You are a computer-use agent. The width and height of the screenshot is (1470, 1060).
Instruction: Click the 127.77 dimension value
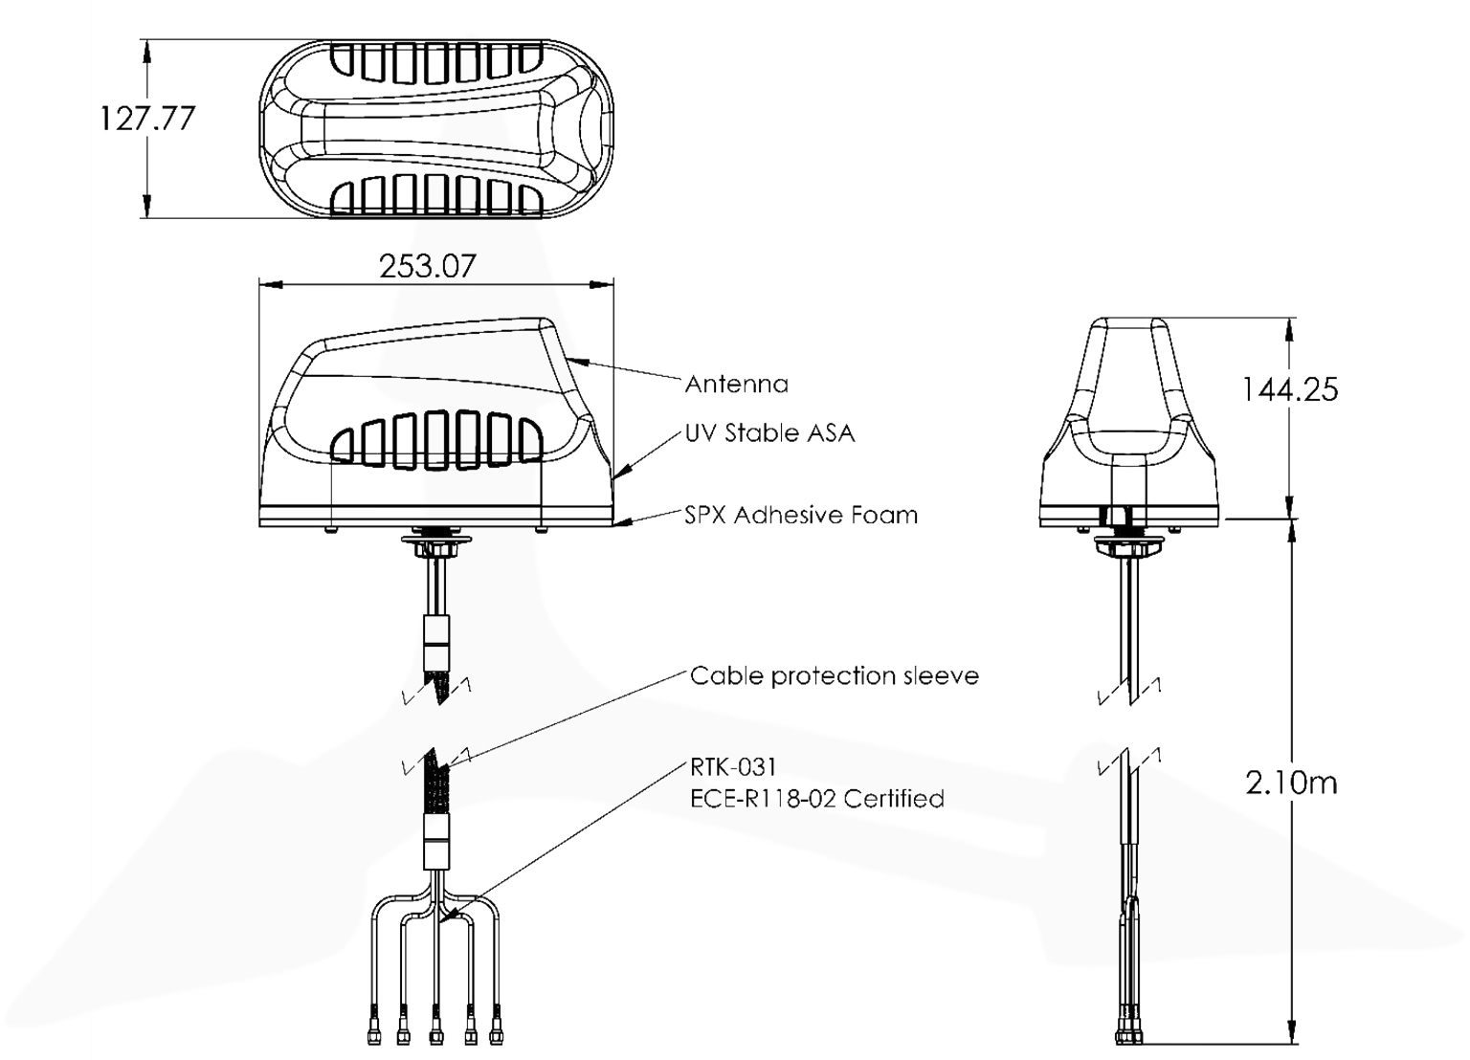(x=146, y=118)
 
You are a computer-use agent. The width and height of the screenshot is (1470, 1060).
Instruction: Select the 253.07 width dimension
(x=427, y=265)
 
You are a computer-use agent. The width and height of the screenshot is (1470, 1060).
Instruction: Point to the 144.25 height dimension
(x=1289, y=389)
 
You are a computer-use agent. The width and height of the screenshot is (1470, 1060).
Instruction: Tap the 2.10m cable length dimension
(x=1291, y=783)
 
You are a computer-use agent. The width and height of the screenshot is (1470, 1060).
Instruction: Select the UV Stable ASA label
(x=769, y=433)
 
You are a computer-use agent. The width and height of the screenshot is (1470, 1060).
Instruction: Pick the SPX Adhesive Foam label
(x=800, y=516)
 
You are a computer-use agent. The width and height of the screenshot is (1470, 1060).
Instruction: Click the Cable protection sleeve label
(x=834, y=676)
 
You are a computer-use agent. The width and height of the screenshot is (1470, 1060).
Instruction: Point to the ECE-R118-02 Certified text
(x=816, y=799)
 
